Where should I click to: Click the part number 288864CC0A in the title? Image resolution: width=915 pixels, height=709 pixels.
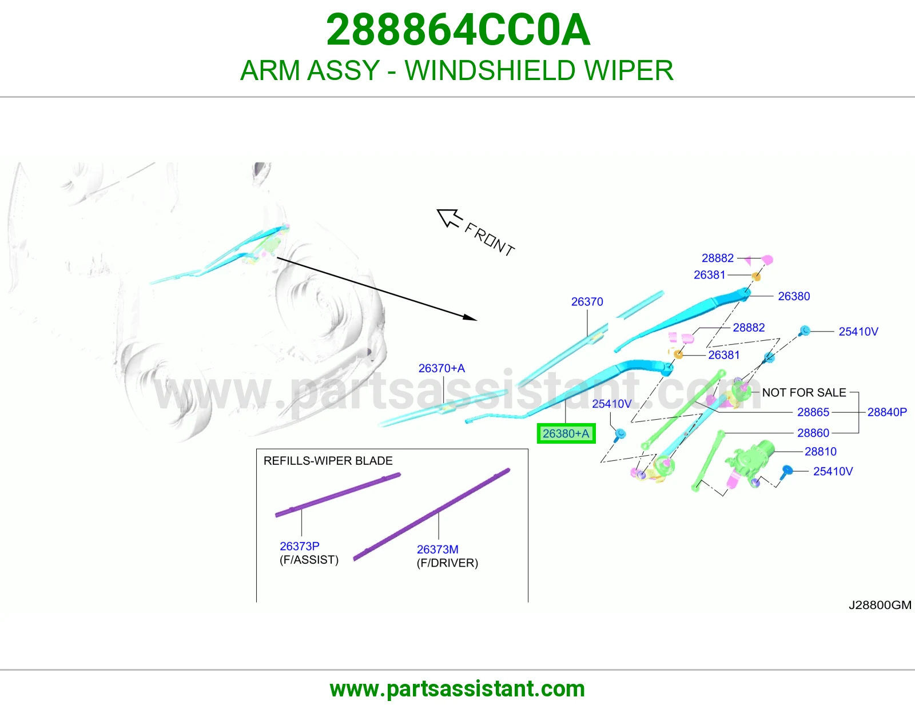(457, 30)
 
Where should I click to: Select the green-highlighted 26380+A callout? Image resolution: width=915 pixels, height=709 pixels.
(566, 433)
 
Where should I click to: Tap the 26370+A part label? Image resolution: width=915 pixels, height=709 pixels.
(441, 368)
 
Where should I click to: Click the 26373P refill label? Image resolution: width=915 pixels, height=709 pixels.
(300, 546)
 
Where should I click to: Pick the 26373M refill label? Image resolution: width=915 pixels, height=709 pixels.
(437, 549)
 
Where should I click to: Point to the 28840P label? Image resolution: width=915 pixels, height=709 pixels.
(887, 412)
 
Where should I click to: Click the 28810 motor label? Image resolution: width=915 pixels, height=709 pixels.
(820, 451)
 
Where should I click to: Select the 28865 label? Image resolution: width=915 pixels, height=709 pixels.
(813, 412)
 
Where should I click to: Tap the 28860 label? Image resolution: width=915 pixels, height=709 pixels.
(813, 433)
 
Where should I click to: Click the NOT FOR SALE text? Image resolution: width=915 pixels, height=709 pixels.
(804, 392)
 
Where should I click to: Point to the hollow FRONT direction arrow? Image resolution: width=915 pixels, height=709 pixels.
(449, 218)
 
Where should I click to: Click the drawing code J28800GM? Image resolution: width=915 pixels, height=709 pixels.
(880, 605)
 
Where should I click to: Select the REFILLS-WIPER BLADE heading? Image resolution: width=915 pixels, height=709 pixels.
(328, 461)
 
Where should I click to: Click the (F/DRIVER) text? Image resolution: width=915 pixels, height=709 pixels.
(447, 563)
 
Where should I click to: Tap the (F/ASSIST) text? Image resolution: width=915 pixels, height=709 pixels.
(309, 560)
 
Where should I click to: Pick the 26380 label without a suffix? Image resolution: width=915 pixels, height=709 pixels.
(794, 296)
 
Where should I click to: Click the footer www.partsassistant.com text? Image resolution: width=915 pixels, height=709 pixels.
(457, 689)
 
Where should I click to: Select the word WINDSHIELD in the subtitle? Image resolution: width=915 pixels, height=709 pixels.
(490, 70)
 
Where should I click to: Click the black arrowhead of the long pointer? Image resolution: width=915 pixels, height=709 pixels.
(470, 317)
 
